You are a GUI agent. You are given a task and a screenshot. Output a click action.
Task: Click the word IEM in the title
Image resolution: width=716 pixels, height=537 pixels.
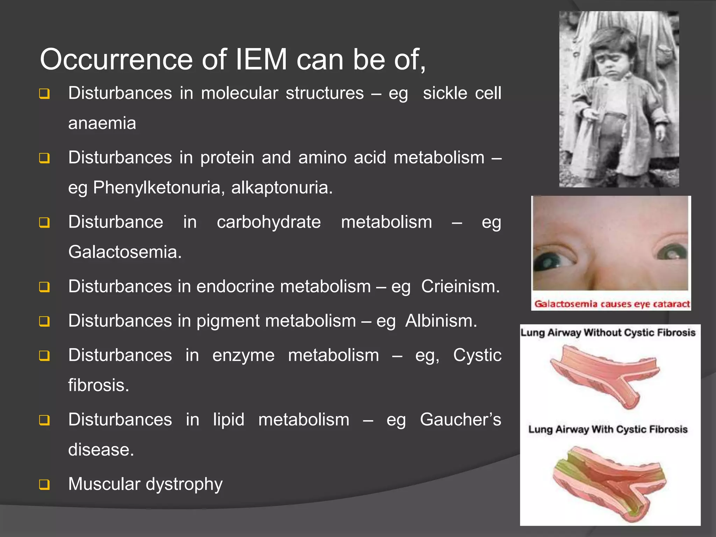pyautogui.click(x=261, y=59)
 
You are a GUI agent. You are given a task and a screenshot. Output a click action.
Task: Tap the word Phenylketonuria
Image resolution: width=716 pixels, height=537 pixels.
pyautogui.click(x=157, y=188)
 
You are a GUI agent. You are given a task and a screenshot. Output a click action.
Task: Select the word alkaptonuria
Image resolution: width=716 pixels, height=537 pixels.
pyautogui.click(x=281, y=188)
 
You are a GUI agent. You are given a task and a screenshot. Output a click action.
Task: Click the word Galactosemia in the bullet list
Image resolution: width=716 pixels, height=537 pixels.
pyautogui.click(x=125, y=252)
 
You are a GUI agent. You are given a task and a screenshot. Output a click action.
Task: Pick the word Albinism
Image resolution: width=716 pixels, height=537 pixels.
pyautogui.click(x=441, y=321)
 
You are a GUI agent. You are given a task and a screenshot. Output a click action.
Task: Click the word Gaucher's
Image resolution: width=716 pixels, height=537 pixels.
pyautogui.click(x=460, y=420)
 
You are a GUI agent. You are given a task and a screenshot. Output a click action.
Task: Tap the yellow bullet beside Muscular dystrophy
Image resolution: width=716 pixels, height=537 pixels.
pyautogui.click(x=44, y=485)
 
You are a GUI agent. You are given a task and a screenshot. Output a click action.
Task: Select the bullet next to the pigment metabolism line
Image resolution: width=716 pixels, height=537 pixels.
pyautogui.click(x=44, y=321)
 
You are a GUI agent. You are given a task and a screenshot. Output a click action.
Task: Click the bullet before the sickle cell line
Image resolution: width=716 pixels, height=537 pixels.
pyautogui.click(x=44, y=94)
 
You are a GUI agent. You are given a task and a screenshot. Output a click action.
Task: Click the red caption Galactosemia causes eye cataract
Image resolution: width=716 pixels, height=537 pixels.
pyautogui.click(x=612, y=304)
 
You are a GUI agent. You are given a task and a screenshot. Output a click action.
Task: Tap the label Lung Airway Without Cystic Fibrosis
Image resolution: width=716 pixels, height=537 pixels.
pyautogui.click(x=608, y=332)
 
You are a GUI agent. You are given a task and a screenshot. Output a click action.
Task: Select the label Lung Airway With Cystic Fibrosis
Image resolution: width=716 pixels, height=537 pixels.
pyautogui.click(x=608, y=429)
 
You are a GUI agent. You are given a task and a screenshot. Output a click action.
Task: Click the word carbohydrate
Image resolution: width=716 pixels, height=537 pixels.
pyautogui.click(x=268, y=222)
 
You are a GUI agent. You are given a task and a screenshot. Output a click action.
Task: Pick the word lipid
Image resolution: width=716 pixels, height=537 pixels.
pyautogui.click(x=229, y=420)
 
